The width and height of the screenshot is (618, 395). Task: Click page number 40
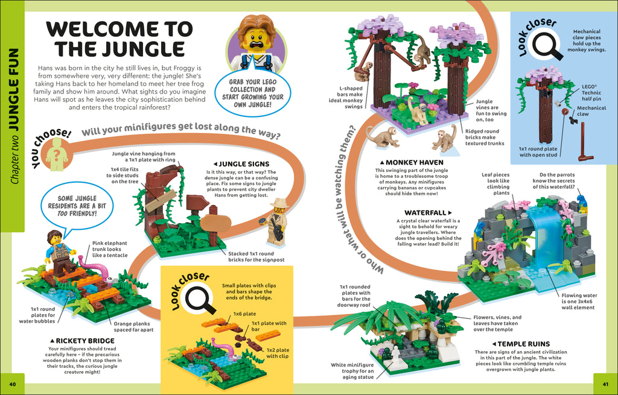13,384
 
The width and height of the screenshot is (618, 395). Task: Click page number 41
605,384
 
